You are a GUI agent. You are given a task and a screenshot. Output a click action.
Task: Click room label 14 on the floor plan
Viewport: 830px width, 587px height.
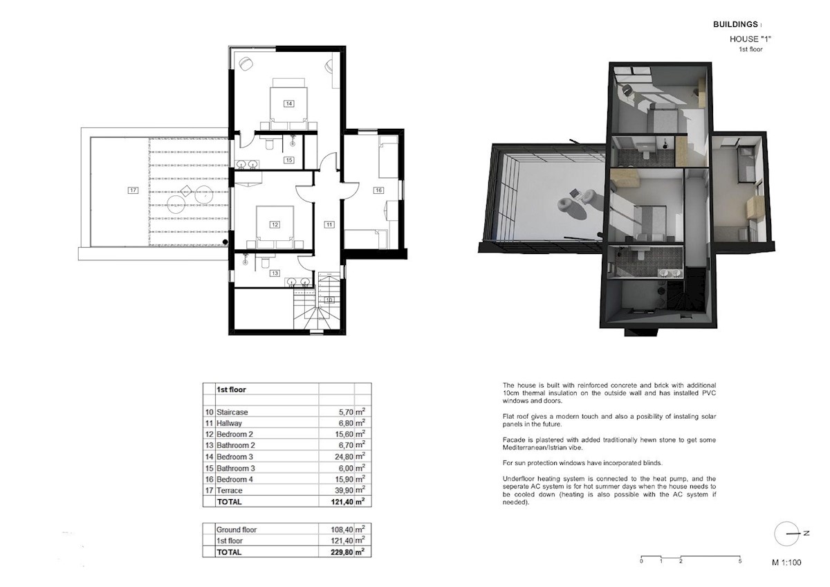pyautogui.click(x=288, y=104)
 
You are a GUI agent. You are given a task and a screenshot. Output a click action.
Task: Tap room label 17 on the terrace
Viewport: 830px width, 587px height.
pyautogui.click(x=133, y=190)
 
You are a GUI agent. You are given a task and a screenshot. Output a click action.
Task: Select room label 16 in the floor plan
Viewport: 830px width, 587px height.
pyautogui.click(x=378, y=190)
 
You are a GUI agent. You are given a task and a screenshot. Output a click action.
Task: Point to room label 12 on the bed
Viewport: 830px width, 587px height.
pyautogui.click(x=275, y=225)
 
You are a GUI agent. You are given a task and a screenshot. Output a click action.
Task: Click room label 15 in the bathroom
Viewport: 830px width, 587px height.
pyautogui.click(x=289, y=160)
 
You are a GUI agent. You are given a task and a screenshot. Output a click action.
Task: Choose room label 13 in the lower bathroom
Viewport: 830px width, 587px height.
pyautogui.click(x=275, y=273)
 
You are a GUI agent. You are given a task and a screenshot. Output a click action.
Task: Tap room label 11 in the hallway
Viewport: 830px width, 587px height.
pyautogui.click(x=329, y=225)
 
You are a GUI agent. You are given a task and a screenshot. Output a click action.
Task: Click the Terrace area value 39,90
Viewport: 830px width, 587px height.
pyautogui.click(x=344, y=491)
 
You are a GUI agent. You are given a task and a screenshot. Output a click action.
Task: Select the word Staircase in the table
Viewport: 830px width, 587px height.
pyautogui.click(x=232, y=412)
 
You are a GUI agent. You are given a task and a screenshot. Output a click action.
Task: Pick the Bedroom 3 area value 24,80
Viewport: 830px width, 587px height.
pyautogui.click(x=344, y=457)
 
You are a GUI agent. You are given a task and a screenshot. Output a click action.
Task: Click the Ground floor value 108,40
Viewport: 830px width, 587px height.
pyautogui.click(x=342, y=530)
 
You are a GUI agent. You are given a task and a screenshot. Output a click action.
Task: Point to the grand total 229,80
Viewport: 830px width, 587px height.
pyautogui.click(x=342, y=552)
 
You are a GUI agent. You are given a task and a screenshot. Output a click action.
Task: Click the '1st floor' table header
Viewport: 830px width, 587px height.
pyautogui.click(x=231, y=390)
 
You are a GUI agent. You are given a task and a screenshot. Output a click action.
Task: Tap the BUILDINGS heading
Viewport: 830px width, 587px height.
pyautogui.click(x=735, y=24)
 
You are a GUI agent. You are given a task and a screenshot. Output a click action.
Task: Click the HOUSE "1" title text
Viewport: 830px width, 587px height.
pyautogui.click(x=750, y=39)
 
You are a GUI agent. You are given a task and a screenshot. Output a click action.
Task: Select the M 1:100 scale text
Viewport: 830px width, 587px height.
pyautogui.click(x=786, y=563)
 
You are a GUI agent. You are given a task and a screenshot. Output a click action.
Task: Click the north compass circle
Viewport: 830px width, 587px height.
pyautogui.click(x=786, y=534)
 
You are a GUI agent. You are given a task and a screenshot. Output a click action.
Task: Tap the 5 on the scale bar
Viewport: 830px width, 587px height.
pyautogui.click(x=740, y=561)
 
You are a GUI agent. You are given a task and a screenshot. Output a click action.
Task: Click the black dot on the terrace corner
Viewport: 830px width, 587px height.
pyautogui.click(x=225, y=242)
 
